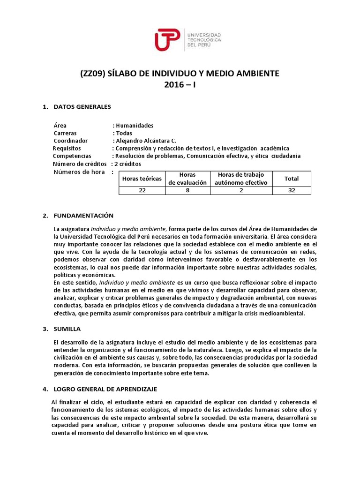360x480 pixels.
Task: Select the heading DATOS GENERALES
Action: pyautogui.click(x=82, y=107)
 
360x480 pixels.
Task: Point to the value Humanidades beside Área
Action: pyautogui.click(x=134, y=126)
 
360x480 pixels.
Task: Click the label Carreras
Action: pyautogui.click(x=65, y=133)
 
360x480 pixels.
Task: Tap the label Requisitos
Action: pyautogui.click(x=67, y=148)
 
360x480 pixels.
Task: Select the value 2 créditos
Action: pyautogui.click(x=127, y=164)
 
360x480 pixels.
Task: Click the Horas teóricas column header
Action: pyautogui.click(x=142, y=179)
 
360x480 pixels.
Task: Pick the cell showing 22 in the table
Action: pyautogui.click(x=142, y=190)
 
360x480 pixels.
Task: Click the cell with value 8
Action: pyautogui.click(x=187, y=190)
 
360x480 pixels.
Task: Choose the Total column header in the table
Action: pyautogui.click(x=291, y=179)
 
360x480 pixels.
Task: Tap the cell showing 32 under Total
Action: pyautogui.click(x=291, y=190)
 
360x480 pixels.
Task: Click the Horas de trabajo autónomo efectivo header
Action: pyautogui.click(x=240, y=179)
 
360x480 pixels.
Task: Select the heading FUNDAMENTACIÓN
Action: pyautogui.click(x=84, y=216)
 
